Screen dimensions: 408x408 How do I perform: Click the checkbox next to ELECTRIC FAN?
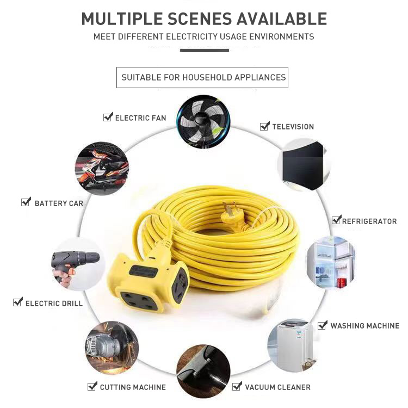coord(108,117)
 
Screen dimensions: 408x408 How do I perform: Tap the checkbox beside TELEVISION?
coord(265,126)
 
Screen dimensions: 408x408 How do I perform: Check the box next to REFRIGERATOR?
coord(336,220)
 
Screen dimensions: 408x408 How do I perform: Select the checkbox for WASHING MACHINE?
coord(323,325)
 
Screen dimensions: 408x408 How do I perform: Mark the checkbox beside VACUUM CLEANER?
coord(237,386)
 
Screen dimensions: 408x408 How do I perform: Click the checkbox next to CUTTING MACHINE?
coord(92,386)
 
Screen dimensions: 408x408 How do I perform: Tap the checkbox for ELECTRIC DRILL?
coord(18,302)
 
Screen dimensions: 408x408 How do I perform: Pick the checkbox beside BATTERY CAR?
coord(26,202)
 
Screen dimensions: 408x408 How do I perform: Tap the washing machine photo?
coord(292,345)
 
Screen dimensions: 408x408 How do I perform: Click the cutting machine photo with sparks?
coord(112,347)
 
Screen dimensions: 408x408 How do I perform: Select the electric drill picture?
coord(77,263)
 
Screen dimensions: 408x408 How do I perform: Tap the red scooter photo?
coord(102,168)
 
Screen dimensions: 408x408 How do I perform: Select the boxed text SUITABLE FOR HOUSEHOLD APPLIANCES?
coord(203,77)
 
